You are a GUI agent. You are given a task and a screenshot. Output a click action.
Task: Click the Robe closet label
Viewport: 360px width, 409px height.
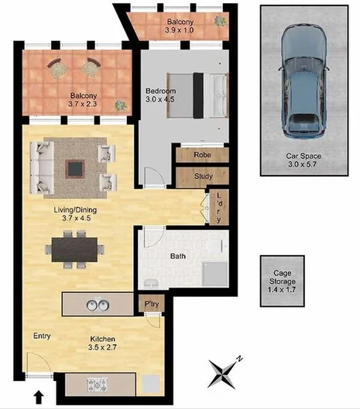tap(202, 155)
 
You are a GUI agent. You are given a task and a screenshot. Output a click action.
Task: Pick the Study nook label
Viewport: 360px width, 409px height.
tap(203, 177)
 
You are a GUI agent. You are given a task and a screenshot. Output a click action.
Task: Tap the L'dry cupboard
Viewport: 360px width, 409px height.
tap(220, 207)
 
